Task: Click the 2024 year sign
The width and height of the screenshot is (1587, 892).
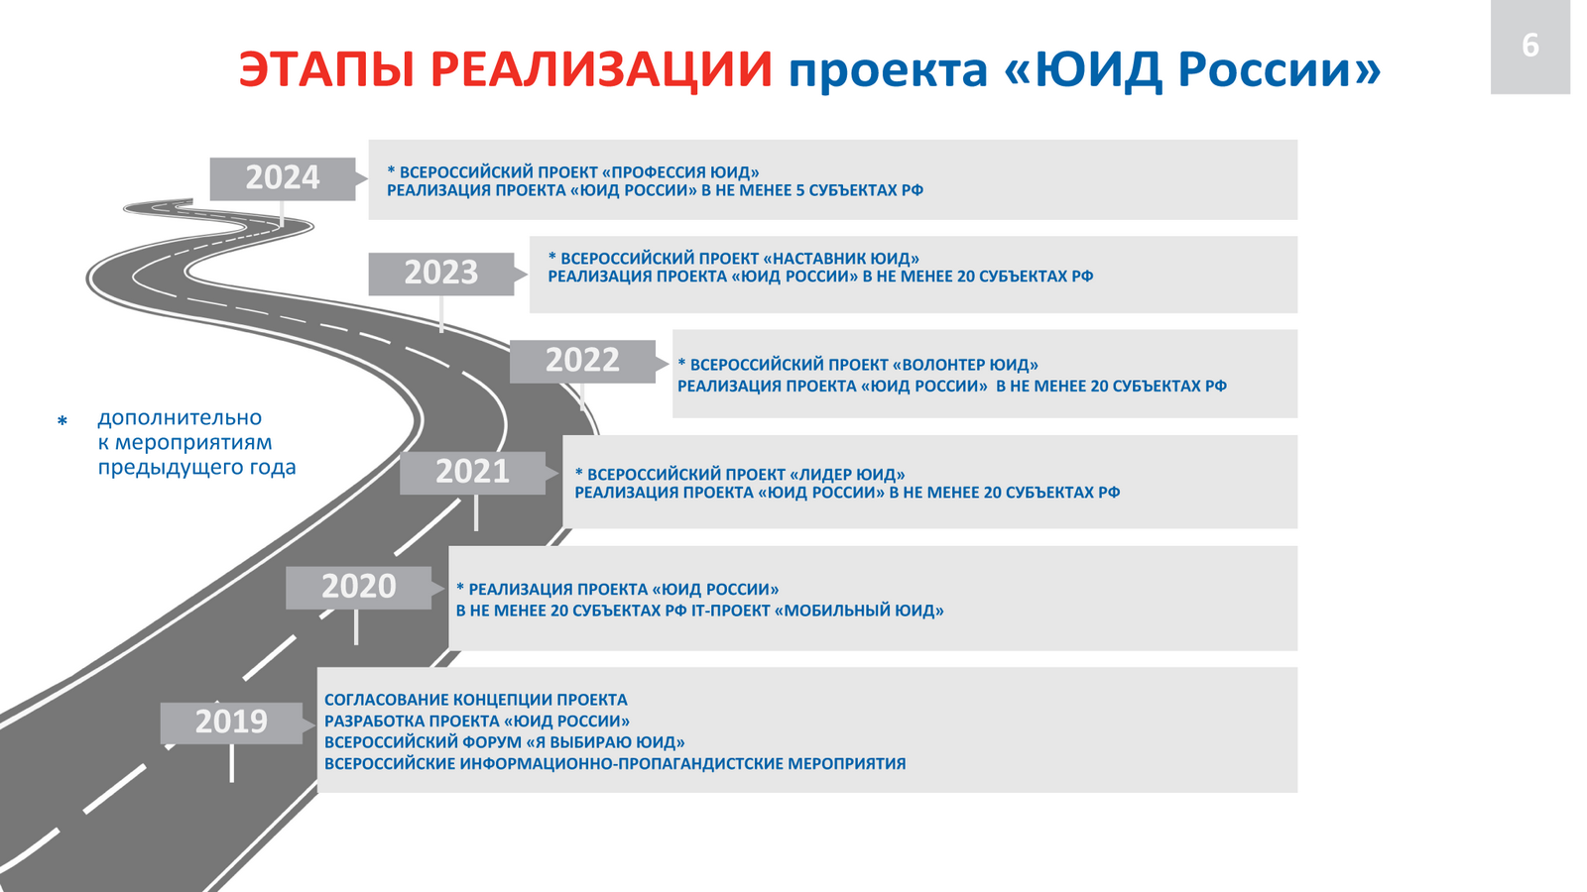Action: (283, 178)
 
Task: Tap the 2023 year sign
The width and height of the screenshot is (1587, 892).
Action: (441, 274)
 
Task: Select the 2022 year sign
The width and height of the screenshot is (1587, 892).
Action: (582, 361)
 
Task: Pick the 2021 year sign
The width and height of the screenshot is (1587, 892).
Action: (472, 472)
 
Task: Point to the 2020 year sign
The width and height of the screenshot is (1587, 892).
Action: (358, 587)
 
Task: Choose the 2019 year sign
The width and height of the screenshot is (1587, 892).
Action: (232, 723)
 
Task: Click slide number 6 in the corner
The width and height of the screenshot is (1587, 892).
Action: (1530, 46)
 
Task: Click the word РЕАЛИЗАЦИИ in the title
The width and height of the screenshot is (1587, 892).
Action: (601, 69)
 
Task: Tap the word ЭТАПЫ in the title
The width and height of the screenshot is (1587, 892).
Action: (326, 69)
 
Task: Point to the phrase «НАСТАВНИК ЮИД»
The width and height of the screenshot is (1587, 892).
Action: (841, 259)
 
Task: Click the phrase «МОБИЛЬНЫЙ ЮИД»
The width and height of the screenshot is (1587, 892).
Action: (859, 611)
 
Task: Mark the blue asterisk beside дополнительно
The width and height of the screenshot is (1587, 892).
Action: (62, 420)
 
